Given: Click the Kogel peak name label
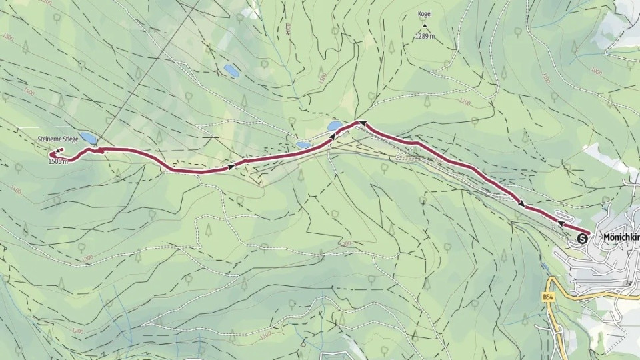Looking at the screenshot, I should [x=425, y=13].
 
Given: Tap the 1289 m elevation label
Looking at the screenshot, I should [x=425, y=36].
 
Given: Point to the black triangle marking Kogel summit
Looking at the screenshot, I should [x=425, y=25].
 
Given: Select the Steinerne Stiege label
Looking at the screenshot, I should [x=58, y=138].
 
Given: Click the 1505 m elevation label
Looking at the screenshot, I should [x=59, y=161].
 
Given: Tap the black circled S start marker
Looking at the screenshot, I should [x=584, y=237].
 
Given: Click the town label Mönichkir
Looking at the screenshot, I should [x=620, y=237].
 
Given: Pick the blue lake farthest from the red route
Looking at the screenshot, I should [x=231, y=69].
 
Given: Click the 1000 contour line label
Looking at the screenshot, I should [x=546, y=79].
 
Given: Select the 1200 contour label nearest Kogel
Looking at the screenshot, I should [x=465, y=103].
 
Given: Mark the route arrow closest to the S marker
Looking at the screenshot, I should [x=561, y=225].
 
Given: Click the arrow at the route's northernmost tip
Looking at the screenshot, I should [x=362, y=123].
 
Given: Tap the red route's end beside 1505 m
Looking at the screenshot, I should [x=51, y=155].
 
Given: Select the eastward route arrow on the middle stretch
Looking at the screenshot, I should [x=231, y=165].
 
